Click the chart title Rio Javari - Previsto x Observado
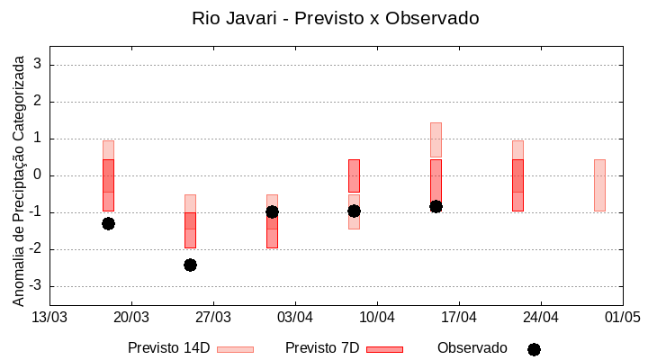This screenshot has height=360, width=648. [x=335, y=18]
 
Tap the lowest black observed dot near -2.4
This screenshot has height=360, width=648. [x=190, y=265]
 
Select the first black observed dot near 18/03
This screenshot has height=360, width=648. [x=108, y=223]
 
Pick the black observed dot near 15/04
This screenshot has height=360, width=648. [x=436, y=206]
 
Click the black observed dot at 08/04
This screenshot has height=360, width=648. [x=354, y=211]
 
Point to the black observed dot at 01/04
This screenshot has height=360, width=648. [x=272, y=211]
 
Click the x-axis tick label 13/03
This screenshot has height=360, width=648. [x=49, y=317]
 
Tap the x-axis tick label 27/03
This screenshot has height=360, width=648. [x=213, y=317]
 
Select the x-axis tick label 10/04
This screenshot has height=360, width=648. [x=377, y=317]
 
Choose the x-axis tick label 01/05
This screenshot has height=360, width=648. [x=622, y=317]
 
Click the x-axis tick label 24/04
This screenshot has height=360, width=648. [x=541, y=317]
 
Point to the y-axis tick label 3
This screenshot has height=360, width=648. [x=38, y=65]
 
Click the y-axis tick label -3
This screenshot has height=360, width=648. [x=35, y=286]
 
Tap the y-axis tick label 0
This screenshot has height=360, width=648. [x=38, y=175]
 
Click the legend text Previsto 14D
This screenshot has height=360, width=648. [x=168, y=348]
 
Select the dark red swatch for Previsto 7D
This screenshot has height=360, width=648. [x=384, y=349]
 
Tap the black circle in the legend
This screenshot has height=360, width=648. [x=534, y=349]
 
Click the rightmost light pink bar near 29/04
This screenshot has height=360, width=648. [x=599, y=184]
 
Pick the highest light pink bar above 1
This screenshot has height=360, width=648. [x=436, y=139]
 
